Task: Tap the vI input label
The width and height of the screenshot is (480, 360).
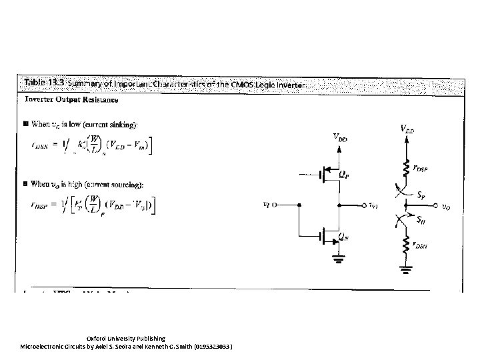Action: click(269, 205)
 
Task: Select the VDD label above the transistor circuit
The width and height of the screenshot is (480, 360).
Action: click(340, 138)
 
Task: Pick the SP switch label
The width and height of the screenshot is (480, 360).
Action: click(423, 197)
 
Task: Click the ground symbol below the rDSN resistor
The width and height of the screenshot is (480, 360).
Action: click(404, 269)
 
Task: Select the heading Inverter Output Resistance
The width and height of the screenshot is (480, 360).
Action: click(72, 100)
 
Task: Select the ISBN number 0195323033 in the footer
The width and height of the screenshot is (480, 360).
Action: click(210, 347)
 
